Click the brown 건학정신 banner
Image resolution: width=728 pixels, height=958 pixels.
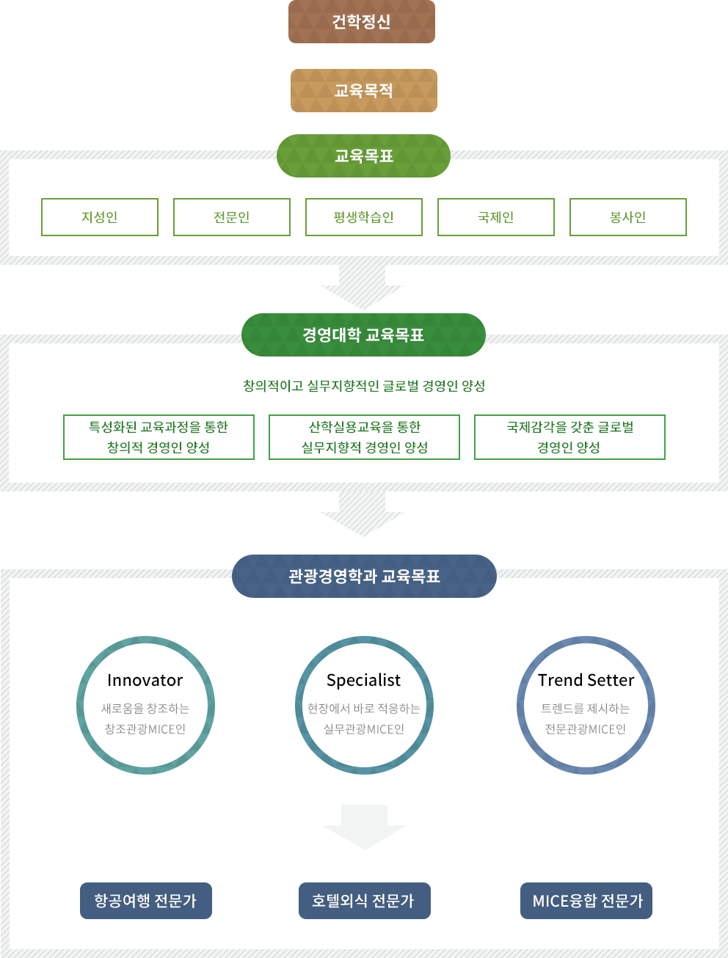tap(362, 22)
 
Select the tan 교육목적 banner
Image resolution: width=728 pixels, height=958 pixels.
tap(364, 90)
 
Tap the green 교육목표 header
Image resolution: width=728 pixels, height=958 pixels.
tap(363, 156)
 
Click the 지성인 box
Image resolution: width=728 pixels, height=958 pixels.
tap(100, 217)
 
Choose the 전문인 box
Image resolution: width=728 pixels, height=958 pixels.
tap(232, 217)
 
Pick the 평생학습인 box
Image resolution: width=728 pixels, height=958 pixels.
tap(364, 217)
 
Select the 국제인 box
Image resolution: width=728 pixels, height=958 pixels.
tap(496, 217)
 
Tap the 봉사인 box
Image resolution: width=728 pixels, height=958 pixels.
tap(628, 217)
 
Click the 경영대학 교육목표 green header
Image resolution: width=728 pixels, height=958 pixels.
tap(363, 335)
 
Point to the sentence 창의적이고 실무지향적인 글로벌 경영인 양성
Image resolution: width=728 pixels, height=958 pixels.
tap(364, 386)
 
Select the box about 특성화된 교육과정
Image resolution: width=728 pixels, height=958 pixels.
tap(159, 437)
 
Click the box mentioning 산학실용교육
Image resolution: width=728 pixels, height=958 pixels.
tap(364, 437)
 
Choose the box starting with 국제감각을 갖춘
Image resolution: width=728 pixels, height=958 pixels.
tap(569, 437)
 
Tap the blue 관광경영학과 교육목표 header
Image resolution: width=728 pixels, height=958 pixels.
tap(364, 577)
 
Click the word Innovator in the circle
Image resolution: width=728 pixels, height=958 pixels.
tap(145, 681)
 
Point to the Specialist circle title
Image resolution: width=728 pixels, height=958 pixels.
tap(364, 681)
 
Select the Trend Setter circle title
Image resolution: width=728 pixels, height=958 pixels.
tap(586, 681)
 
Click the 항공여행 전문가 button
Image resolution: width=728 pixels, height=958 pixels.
tap(146, 901)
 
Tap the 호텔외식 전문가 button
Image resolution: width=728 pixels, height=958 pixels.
tap(364, 901)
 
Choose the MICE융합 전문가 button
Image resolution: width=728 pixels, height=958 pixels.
tap(586, 901)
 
